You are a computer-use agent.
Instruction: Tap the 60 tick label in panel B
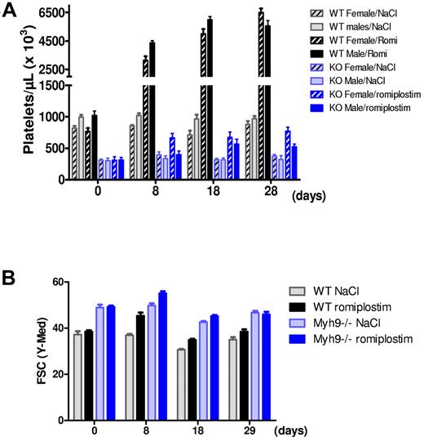tap(55, 281)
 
